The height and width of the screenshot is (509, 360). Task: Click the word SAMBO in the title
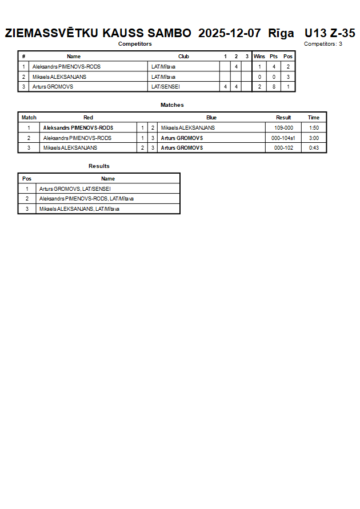pyautogui.click(x=169, y=33)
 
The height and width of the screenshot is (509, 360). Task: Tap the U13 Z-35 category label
pyautogui.click(x=330, y=33)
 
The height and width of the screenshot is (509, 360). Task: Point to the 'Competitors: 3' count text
pyautogui.click(x=323, y=44)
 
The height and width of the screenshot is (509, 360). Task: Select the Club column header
pyautogui.click(x=183, y=57)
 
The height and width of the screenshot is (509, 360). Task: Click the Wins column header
pyautogui.click(x=259, y=57)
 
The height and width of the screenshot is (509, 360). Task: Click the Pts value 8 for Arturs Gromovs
pyautogui.click(x=274, y=87)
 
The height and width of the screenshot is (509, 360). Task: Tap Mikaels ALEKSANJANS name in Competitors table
pyautogui.click(x=59, y=77)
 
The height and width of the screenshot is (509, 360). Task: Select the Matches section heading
pyautogui.click(x=172, y=105)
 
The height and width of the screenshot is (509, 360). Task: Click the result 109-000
pyautogui.click(x=283, y=128)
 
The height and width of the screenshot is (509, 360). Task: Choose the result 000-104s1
pyautogui.click(x=283, y=138)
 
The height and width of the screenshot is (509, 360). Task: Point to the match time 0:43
pyautogui.click(x=314, y=148)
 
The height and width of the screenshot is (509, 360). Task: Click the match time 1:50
pyautogui.click(x=314, y=128)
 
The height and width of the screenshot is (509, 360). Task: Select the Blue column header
pyautogui.click(x=211, y=118)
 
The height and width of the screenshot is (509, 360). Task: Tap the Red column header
pyautogui.click(x=88, y=118)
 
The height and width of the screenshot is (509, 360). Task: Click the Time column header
pyautogui.click(x=314, y=118)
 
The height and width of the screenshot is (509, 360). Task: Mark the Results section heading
pyautogui.click(x=99, y=166)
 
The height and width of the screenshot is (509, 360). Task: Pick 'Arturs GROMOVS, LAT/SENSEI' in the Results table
pyautogui.click(x=75, y=189)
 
